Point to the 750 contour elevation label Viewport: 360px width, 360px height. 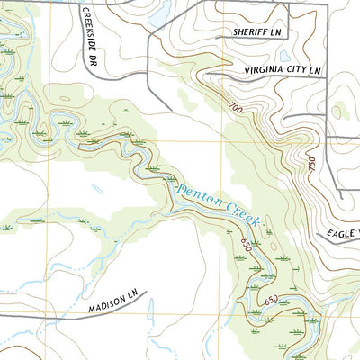pos(312,165)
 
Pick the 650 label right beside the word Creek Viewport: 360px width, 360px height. pos(247,240)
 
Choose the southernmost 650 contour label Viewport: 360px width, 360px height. pos(271,299)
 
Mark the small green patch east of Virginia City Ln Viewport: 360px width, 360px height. pos(338,112)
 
